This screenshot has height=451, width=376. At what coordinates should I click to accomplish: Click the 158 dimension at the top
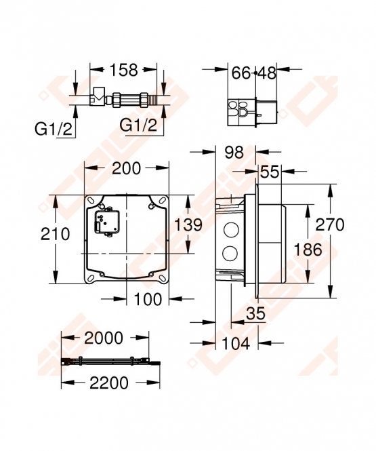pos(124,70)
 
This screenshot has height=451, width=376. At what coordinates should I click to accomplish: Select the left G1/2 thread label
pos(54,129)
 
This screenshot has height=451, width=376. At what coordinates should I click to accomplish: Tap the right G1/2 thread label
pos(138,125)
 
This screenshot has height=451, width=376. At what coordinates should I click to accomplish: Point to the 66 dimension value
pos(241,73)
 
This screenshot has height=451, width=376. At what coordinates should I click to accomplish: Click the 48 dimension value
pos(267,73)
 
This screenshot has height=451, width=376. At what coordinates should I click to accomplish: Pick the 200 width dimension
pos(127,168)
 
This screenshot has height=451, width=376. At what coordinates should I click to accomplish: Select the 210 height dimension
pos(55,233)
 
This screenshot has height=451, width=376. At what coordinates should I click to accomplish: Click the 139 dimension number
pos(188,224)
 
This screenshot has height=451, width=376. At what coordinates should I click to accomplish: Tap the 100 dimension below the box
pos(148,299)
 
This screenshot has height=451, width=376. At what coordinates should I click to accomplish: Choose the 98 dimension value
pos(234,152)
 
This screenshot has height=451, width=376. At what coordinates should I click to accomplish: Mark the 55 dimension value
pos(270,172)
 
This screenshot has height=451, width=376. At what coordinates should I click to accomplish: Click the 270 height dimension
pos(330,224)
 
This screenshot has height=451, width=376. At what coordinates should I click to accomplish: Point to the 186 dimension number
pos(308,250)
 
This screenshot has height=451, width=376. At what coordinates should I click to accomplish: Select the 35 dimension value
pos(255,313)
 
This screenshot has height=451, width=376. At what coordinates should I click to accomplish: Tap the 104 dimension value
pos(236,343)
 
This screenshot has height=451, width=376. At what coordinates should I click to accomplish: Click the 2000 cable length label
pos(104,338)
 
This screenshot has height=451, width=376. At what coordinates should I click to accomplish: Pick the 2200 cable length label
pos(109,383)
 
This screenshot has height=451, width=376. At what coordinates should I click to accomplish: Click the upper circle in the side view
pos(230,230)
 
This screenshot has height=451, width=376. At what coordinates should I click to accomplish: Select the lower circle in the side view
pos(230,253)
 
